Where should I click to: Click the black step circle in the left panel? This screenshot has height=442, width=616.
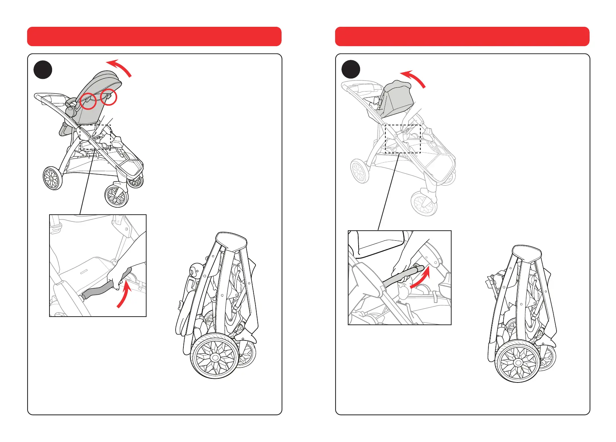point(43,70)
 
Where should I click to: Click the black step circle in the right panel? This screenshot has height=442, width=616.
point(351,70)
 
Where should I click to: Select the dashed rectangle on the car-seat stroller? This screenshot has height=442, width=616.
point(96,137)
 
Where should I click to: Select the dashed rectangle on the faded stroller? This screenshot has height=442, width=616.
point(402,139)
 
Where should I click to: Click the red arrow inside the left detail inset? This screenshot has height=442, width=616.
point(124,295)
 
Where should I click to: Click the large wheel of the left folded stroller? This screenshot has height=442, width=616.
point(215,357)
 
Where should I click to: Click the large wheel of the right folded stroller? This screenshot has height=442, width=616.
point(517,361)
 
